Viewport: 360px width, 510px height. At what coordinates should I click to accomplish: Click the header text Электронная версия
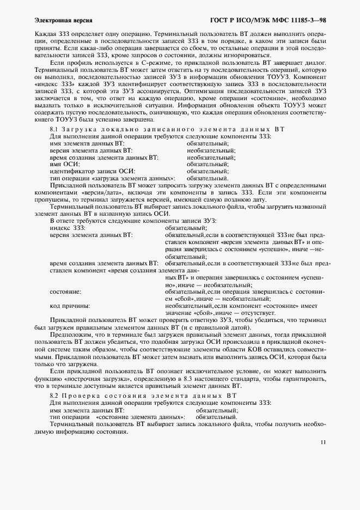pyautogui.click(x=55, y=20)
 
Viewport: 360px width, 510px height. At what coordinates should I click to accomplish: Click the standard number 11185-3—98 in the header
pyautogui.click(x=303, y=20)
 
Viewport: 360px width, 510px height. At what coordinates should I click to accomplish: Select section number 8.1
pyautogui.click(x=54, y=129)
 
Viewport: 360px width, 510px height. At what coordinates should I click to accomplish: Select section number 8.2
pyautogui.click(x=54, y=394)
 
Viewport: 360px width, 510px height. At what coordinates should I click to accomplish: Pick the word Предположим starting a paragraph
pyautogui.click(x=71, y=334)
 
